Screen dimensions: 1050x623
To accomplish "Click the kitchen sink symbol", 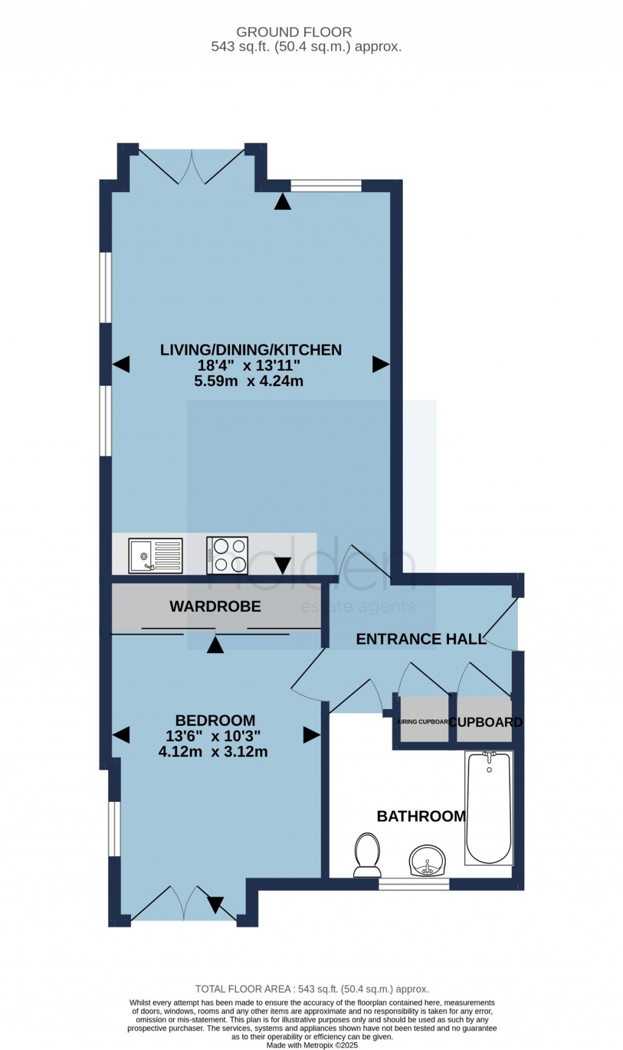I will pyautogui.click(x=155, y=555).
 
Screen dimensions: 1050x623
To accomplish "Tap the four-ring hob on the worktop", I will pyautogui.click(x=227, y=555).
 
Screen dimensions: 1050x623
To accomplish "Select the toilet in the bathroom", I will pyautogui.click(x=366, y=855).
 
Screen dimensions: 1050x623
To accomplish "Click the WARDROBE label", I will pyautogui.click(x=215, y=606).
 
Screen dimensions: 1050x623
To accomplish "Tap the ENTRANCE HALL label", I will pyautogui.click(x=421, y=639).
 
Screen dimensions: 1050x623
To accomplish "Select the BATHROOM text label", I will pyautogui.click(x=421, y=816).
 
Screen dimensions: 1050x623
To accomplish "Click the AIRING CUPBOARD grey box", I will pyautogui.click(x=424, y=722).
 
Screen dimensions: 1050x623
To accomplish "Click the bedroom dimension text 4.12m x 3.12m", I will pyautogui.click(x=213, y=751).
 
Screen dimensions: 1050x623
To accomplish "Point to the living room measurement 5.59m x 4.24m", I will pyautogui.click(x=248, y=381).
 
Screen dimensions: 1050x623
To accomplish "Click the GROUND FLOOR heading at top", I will pyautogui.click(x=294, y=32).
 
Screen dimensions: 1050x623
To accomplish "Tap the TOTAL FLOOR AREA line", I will pyautogui.click(x=311, y=989).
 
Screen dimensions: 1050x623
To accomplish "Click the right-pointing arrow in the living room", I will pyautogui.click(x=381, y=364).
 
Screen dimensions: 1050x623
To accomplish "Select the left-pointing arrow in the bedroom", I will pyautogui.click(x=121, y=734).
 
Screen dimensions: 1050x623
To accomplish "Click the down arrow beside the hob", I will pyautogui.click(x=282, y=565).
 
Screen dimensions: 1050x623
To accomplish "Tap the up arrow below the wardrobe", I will pyautogui.click(x=215, y=645).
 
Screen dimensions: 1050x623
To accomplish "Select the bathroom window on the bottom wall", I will pyautogui.click(x=414, y=884).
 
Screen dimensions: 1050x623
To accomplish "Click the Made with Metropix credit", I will pyautogui.click(x=311, y=1045).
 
